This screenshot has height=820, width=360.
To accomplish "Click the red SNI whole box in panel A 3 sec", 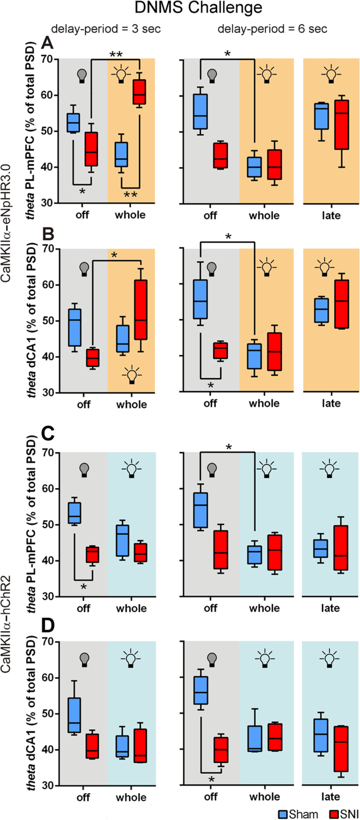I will tap(140, 92).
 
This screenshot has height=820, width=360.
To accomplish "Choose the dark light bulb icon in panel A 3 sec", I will tap(81, 76).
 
